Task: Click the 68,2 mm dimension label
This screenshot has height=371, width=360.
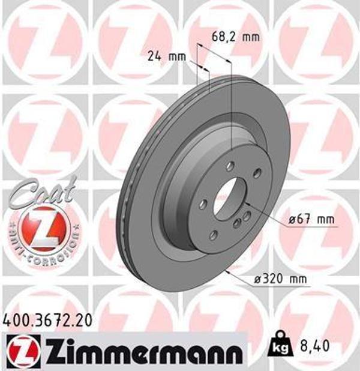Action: tap(236, 37)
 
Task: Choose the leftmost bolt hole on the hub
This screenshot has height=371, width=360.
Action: tap(203, 204)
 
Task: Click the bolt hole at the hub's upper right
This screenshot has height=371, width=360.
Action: tap(257, 174)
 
